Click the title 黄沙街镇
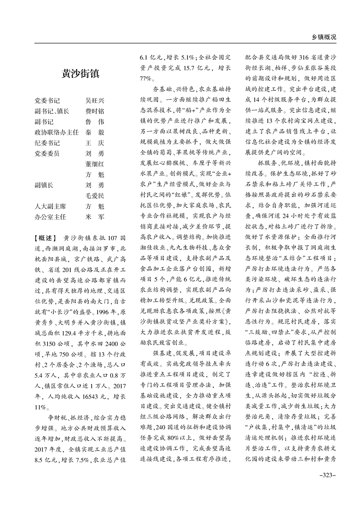pyautogui.click(x=81, y=74)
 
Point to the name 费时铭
pyautogui.click(x=95, y=112)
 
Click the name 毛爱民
pyautogui.click(x=95, y=196)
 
